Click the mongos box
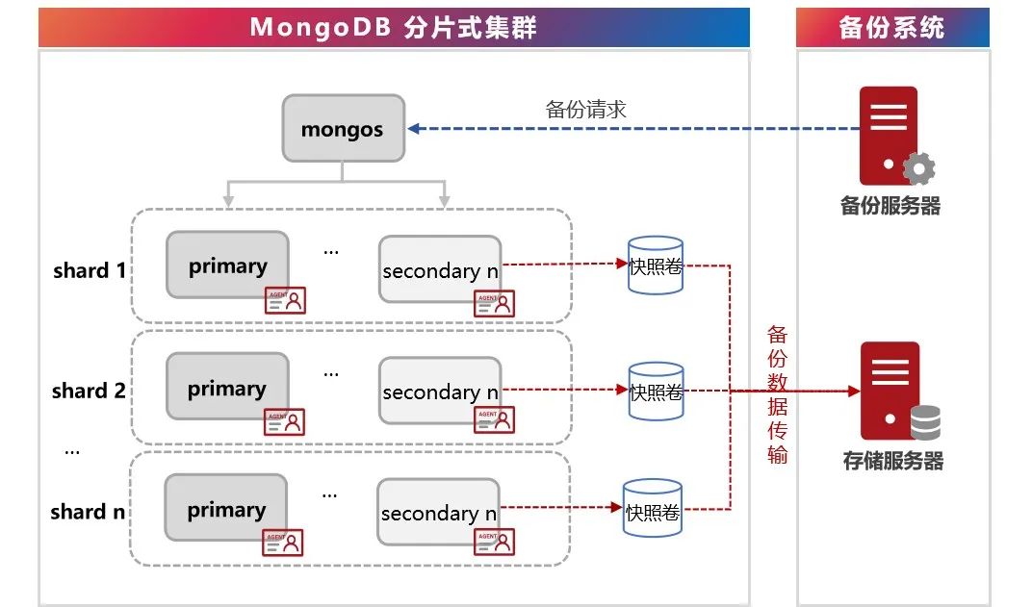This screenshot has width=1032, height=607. (x=343, y=128)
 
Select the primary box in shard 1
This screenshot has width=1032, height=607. (x=227, y=266)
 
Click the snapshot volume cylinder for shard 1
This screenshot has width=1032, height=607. (x=656, y=266)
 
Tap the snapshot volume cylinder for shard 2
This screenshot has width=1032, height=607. (x=656, y=391)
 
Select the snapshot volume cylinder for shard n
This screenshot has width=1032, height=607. (x=654, y=510)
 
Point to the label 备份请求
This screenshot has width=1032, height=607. (x=585, y=109)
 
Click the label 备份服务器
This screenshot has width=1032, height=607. (x=890, y=206)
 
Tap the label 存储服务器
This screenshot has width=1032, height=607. (x=892, y=461)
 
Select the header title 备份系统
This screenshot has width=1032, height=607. (x=891, y=27)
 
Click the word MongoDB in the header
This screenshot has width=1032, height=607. (x=314, y=27)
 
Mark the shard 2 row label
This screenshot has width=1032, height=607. (x=89, y=391)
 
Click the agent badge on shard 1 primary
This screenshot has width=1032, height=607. (x=285, y=299)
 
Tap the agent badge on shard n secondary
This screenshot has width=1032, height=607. (x=495, y=543)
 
